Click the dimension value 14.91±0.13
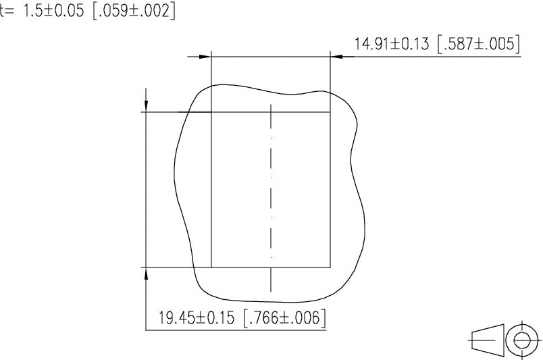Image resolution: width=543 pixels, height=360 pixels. point(392,45)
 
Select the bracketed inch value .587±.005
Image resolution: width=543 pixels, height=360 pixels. point(478,45)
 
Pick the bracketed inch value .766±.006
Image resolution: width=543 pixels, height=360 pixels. point(283,318)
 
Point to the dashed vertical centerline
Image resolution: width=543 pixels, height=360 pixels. point(271,196)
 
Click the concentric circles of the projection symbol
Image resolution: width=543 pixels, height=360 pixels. point(521,340)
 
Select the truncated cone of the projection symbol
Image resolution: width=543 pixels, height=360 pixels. point(487,340)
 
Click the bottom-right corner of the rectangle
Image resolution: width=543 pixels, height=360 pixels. point(330,267)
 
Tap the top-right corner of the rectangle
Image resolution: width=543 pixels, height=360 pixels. point(330,112)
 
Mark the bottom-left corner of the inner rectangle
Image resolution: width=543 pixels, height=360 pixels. point(211,267)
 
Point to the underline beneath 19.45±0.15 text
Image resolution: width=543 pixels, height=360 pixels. point(236,330)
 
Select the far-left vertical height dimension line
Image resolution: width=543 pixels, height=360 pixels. point(147,189)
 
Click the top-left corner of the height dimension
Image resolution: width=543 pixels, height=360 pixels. point(147,112)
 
